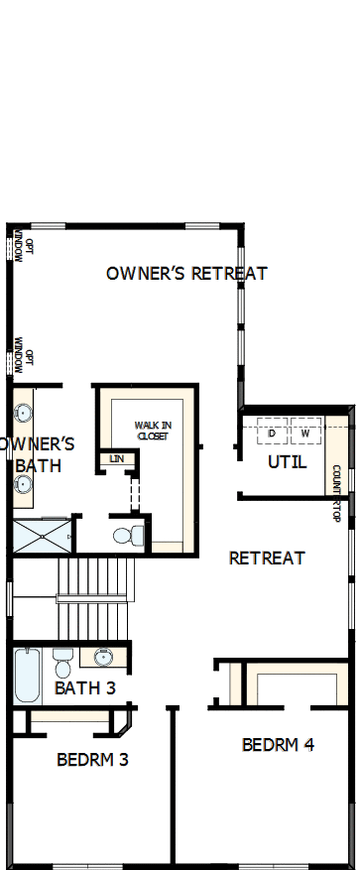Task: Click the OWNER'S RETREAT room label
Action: point(186,273)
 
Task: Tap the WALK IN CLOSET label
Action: point(153,431)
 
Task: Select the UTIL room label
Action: point(288,462)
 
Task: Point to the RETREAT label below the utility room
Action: point(267,558)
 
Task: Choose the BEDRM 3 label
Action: point(92,760)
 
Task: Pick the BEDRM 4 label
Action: point(278,744)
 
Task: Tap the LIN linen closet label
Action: point(117,458)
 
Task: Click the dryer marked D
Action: point(272,434)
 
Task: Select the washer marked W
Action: point(305,434)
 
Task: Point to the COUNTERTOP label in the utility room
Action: point(337,493)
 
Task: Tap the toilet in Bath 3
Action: point(62,660)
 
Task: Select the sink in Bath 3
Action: point(102,657)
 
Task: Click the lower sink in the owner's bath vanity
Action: point(23,485)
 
